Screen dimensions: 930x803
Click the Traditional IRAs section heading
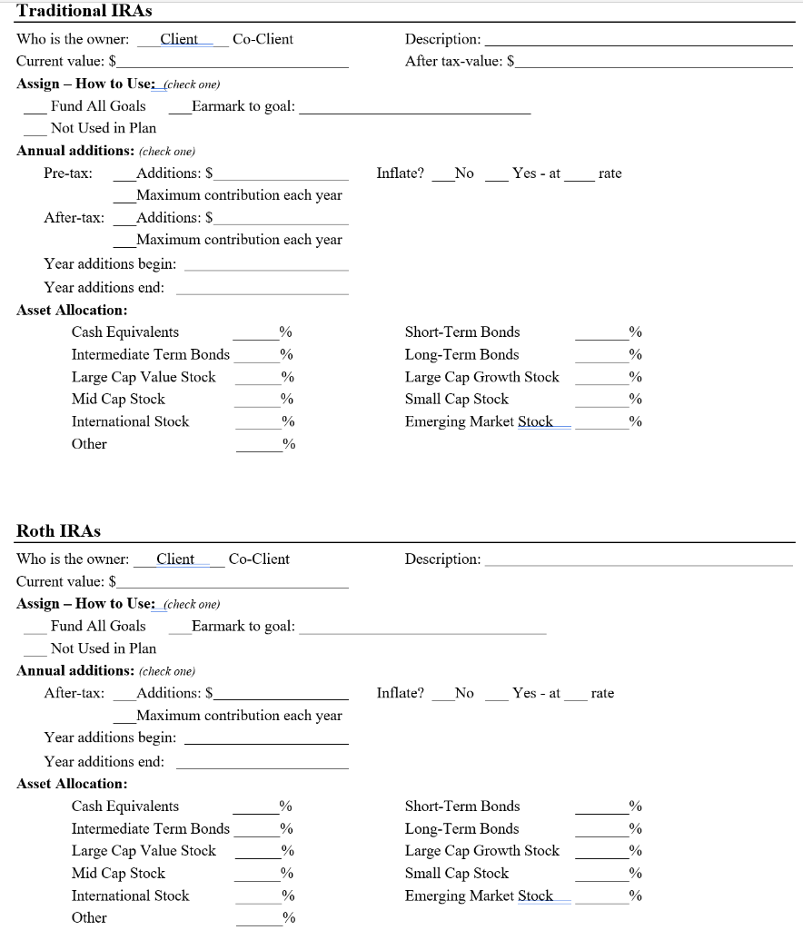click(84, 11)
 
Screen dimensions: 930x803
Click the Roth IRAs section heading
click(59, 530)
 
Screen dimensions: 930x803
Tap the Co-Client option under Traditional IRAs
click(263, 39)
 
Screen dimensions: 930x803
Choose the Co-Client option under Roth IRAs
click(259, 559)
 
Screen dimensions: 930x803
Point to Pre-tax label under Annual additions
click(67, 173)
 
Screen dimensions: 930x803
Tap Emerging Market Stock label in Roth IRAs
click(479, 895)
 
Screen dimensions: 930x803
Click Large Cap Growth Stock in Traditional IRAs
click(481, 377)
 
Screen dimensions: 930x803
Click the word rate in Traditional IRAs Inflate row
click(610, 173)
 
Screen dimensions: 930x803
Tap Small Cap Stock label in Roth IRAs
click(456, 873)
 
